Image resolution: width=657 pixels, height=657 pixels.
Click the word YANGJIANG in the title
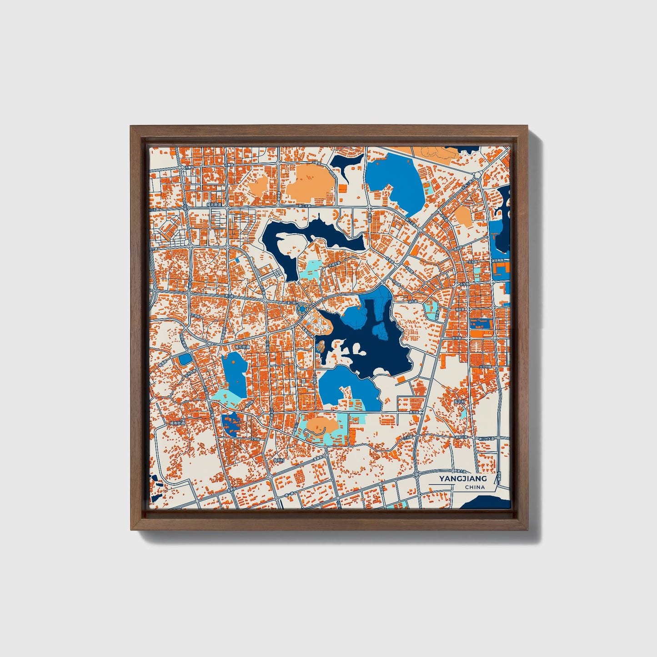[463, 478]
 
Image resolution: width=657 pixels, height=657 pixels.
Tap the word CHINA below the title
[475, 487]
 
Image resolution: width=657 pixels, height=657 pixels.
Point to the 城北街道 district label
[214, 205]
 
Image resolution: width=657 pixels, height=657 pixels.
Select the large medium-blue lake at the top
[395, 177]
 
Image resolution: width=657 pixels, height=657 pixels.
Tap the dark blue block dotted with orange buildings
[231, 425]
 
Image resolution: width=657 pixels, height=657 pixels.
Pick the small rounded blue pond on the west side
[185, 359]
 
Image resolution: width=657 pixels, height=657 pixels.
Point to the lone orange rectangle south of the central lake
[401, 378]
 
